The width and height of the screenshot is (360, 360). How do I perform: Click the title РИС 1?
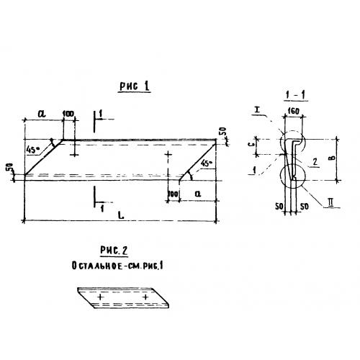click(135, 86)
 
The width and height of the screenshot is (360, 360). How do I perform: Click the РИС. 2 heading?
click(114, 251)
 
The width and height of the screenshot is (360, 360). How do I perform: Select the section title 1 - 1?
click(295, 95)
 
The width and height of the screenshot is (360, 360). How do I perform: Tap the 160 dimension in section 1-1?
click(293, 111)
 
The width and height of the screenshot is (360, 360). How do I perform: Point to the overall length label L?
click(122, 215)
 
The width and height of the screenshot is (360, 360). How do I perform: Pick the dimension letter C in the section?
click(251, 145)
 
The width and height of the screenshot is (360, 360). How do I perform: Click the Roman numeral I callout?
click(257, 110)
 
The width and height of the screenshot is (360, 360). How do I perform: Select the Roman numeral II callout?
click(330, 203)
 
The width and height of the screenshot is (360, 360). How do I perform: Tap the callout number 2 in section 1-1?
click(315, 162)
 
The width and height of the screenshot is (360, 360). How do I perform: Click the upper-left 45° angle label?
click(32, 150)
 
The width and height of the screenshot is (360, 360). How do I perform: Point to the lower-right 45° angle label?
click(207, 163)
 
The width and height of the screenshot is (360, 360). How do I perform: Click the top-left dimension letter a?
click(42, 114)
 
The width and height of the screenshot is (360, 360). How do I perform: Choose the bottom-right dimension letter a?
click(198, 194)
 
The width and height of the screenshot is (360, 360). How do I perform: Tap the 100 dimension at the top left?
click(68, 113)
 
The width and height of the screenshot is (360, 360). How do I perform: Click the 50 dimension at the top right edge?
click(223, 132)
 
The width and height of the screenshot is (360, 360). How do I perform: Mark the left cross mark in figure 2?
click(100, 297)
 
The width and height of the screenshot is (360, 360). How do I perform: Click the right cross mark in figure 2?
click(145, 297)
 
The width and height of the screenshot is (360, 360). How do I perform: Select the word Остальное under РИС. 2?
click(96, 266)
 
